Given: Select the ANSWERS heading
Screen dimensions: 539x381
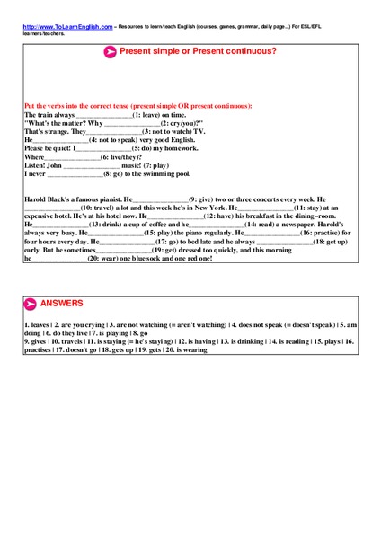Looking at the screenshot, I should (x=60, y=304).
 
